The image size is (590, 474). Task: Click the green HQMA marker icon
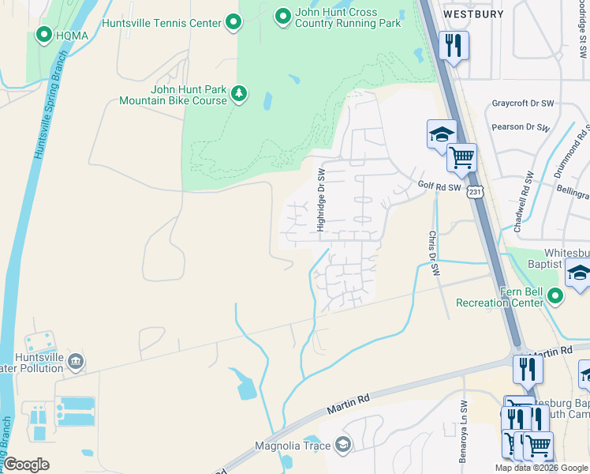[x=43, y=34]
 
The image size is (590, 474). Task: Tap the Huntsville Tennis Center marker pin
[x=233, y=23]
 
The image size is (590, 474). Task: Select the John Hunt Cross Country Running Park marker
[x=282, y=15]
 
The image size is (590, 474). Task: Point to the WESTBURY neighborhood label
[x=472, y=13]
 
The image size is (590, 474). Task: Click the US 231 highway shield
[x=474, y=192]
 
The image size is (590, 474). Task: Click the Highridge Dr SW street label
[x=321, y=200]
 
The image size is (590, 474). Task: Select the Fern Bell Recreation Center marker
[x=555, y=296]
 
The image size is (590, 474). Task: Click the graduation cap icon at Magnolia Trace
[x=342, y=446]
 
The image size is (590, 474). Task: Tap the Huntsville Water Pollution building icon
[x=75, y=362]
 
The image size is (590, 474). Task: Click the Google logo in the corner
[x=26, y=465]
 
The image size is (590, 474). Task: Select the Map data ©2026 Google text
[x=540, y=468]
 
